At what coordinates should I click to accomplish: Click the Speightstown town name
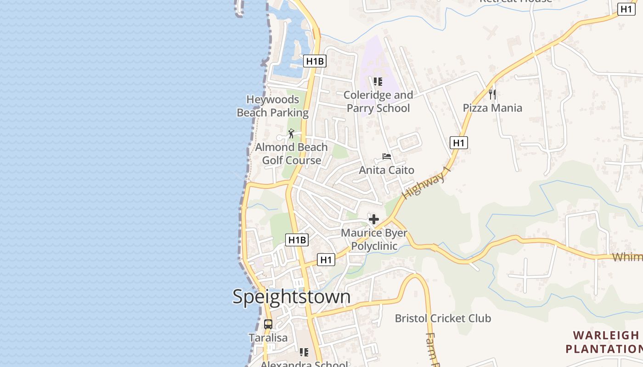[292, 297]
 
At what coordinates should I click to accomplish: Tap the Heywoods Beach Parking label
[272, 106]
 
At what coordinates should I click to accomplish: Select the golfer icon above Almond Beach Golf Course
[291, 133]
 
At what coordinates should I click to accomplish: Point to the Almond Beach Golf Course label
[292, 154]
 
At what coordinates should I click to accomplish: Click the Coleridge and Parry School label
[378, 101]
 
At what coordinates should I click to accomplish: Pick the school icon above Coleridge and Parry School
[378, 82]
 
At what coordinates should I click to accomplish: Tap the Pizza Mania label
[492, 108]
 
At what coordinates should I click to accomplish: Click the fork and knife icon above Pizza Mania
[493, 95]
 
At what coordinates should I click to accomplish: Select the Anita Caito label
[386, 170]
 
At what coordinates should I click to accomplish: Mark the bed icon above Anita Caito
[387, 156]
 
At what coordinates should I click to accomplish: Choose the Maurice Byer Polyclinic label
[374, 239]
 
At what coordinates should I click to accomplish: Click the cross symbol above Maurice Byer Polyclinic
[374, 220]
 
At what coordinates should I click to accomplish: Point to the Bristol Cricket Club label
[443, 318]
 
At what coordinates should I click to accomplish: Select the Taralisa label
[268, 338]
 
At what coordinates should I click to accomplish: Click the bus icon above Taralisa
[268, 324]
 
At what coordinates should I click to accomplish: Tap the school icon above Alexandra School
[304, 352]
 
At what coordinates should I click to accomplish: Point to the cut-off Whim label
[627, 257]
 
